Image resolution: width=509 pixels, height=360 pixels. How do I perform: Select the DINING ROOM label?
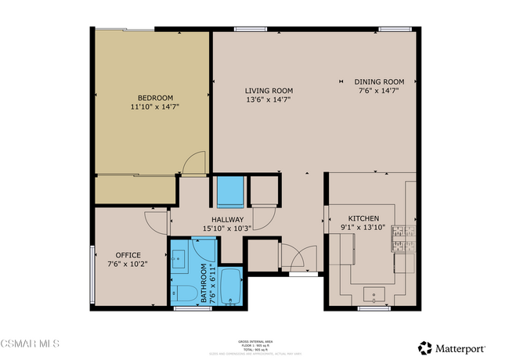(x=378, y=81)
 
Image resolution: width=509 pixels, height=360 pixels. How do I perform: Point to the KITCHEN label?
(x=364, y=218)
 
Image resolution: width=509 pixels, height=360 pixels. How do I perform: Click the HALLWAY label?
(x=227, y=220)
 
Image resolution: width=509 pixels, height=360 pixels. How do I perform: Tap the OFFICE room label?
(x=128, y=255)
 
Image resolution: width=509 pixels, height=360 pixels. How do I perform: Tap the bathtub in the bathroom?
(x=232, y=287)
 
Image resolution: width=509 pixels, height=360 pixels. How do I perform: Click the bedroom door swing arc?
(x=193, y=162)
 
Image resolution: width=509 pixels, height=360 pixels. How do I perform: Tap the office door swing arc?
(x=157, y=222)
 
